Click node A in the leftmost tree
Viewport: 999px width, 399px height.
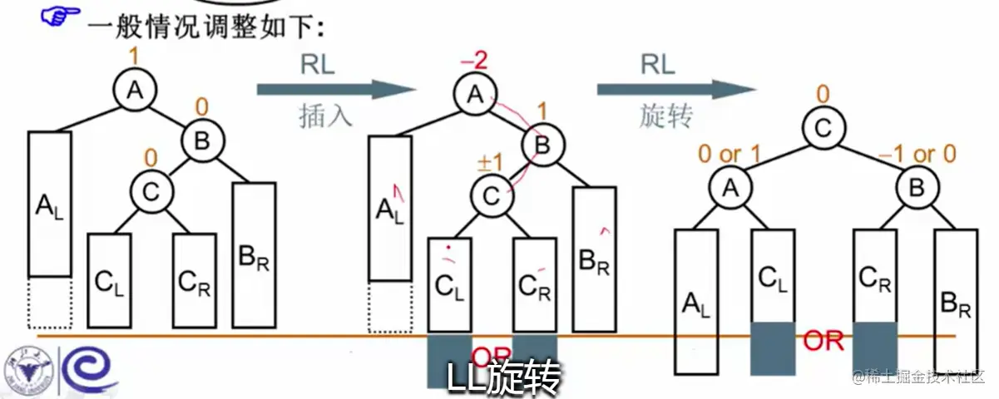[135, 91]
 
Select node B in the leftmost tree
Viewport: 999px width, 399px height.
[202, 142]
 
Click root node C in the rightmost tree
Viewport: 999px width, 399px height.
[822, 129]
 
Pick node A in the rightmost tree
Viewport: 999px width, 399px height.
[730, 188]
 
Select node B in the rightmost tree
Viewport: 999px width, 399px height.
[915, 188]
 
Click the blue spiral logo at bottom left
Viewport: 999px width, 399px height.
[81, 367]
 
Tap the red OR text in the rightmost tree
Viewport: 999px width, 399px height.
[823, 340]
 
